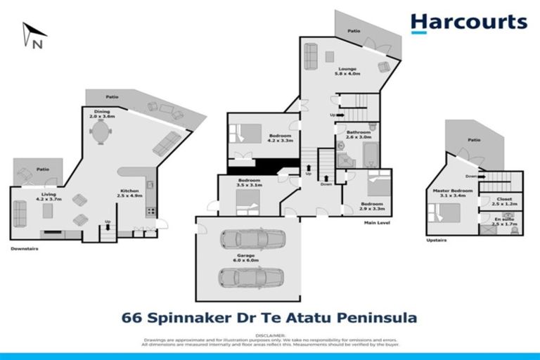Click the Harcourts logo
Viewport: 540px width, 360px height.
point(469,22)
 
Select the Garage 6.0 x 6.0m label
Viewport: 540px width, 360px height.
point(247,257)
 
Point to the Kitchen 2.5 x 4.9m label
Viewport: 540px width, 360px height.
point(129,193)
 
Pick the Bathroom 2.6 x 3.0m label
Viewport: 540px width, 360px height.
point(358,135)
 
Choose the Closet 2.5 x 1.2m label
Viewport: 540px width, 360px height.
point(504,201)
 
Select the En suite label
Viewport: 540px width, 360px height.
point(504,221)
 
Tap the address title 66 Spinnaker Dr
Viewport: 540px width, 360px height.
point(270,318)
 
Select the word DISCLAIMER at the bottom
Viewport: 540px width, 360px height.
point(270,335)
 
